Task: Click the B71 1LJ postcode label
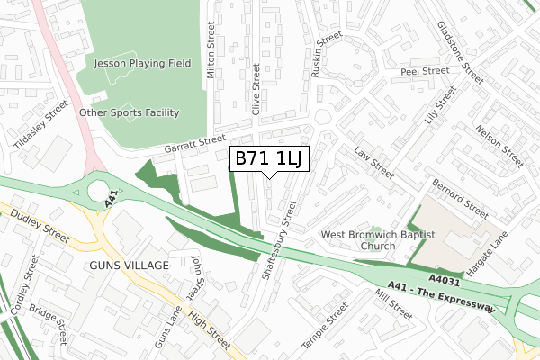(271, 159)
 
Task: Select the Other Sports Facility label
(130, 112)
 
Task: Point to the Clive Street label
(257, 89)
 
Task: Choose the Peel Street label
(425, 70)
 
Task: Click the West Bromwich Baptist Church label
(378, 240)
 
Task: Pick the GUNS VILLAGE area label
(129, 266)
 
